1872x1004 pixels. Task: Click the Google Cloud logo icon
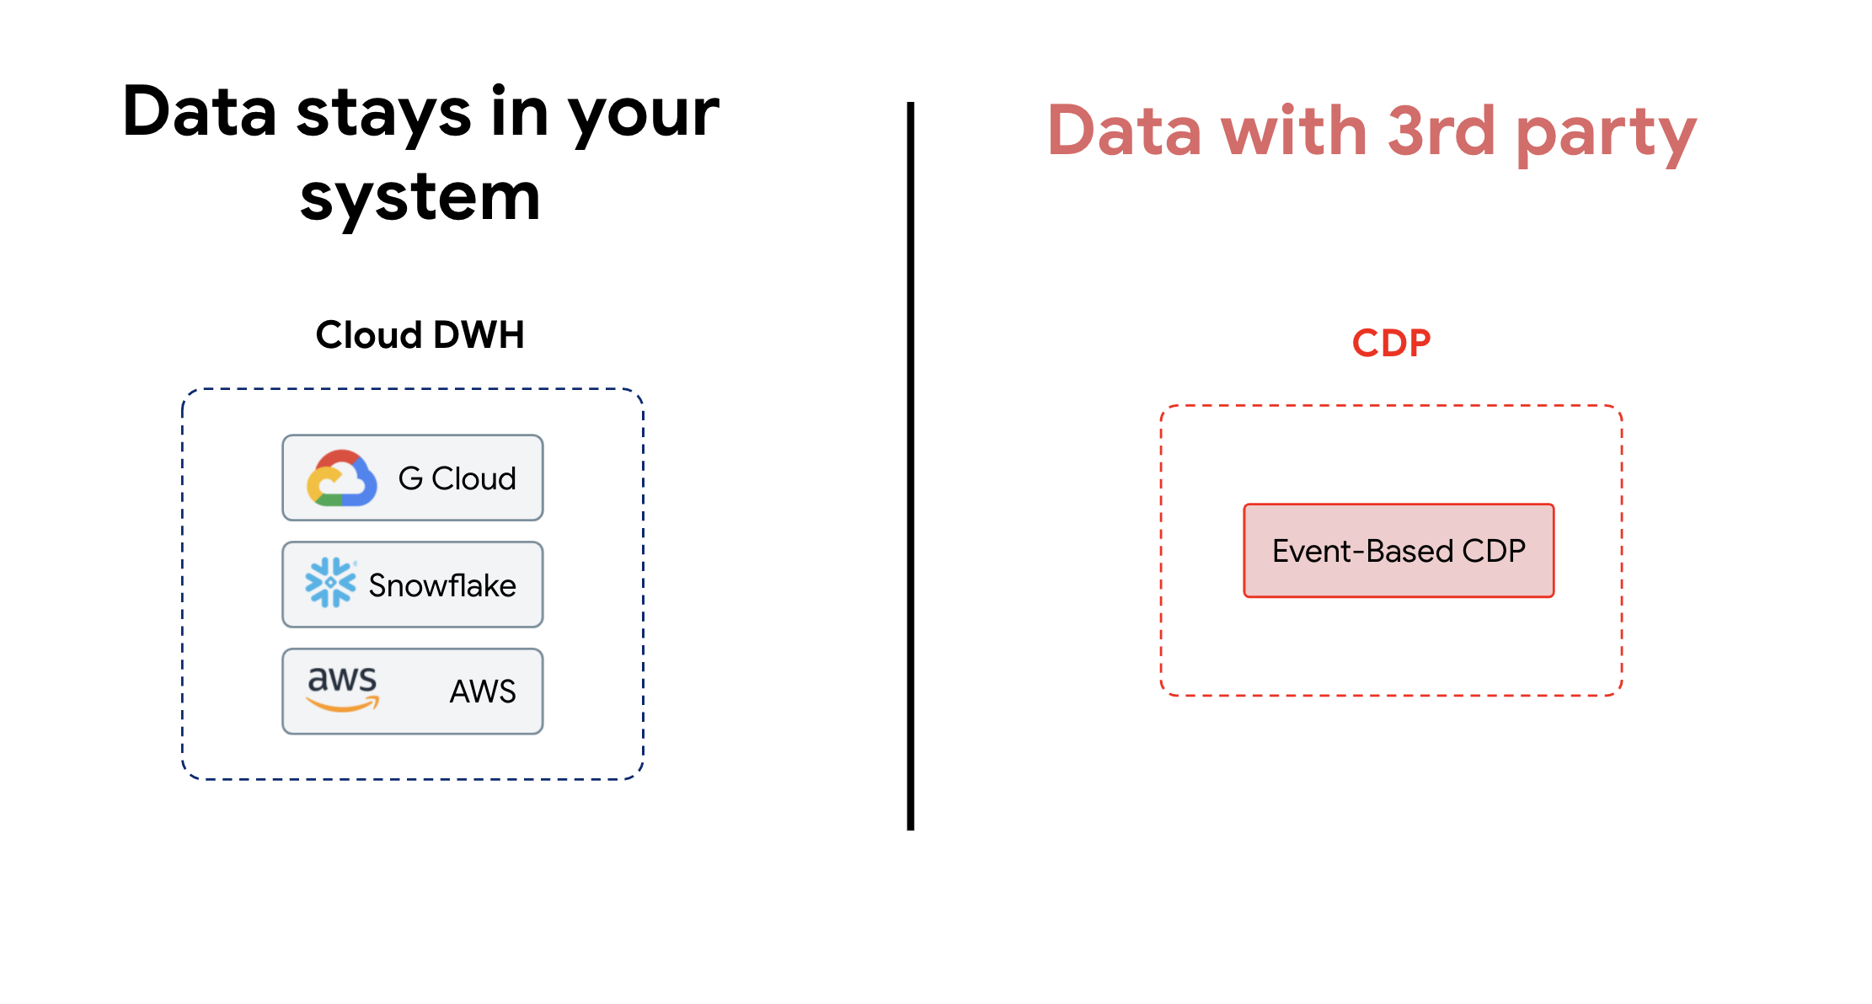[x=341, y=478]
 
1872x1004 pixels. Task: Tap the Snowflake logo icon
[x=330, y=583]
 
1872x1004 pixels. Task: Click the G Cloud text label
[x=457, y=478]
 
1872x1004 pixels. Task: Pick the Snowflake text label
[x=442, y=585]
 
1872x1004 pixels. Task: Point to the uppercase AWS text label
[x=483, y=692]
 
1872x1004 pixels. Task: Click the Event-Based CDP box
[x=1399, y=551]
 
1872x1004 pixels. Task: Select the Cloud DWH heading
[x=420, y=335]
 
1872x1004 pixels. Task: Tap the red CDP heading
[x=1391, y=343]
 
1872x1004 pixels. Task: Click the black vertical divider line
[x=911, y=466]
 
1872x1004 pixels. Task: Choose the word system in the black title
[x=420, y=199]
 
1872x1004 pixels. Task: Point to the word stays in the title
[x=383, y=114]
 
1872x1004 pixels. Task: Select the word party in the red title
[x=1606, y=136]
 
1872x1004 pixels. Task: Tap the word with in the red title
[x=1294, y=131]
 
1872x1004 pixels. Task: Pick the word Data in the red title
[x=1125, y=131]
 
